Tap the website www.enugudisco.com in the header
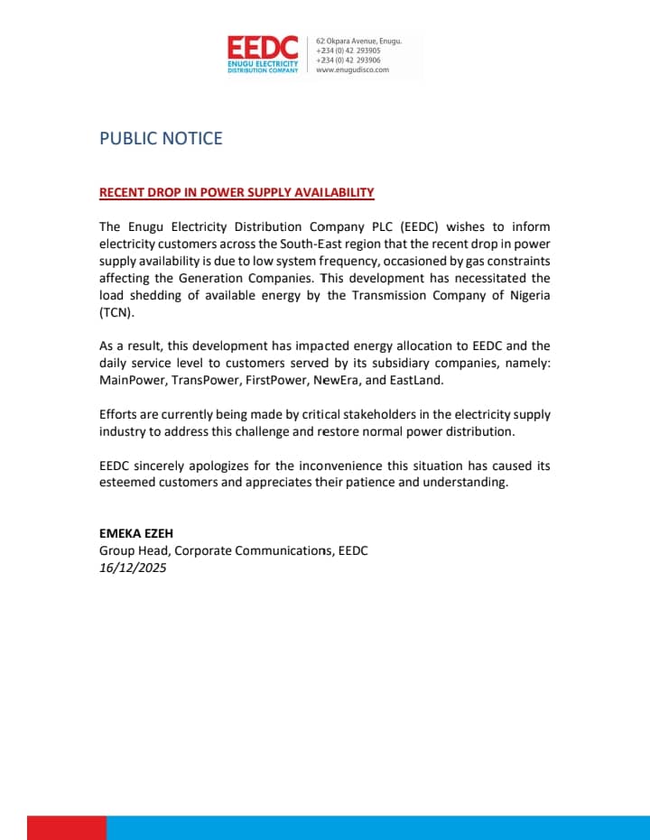352,69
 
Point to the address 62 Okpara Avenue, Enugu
358,42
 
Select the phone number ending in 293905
348,51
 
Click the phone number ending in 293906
348,60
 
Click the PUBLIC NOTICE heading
161,138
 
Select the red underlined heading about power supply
237,192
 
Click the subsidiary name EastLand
417,380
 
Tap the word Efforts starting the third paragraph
119,414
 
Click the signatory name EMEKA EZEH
135,533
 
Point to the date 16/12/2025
133,568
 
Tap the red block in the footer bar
67,827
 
